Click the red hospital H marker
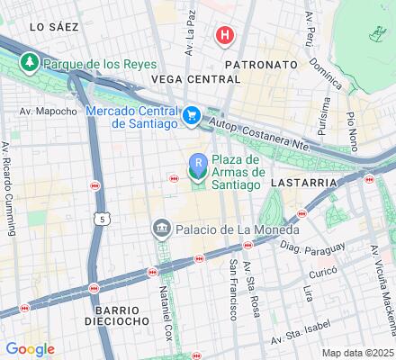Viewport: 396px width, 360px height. [x=224, y=36]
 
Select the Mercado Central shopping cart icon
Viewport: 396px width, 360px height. [x=192, y=114]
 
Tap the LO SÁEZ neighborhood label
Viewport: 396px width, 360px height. [x=51, y=28]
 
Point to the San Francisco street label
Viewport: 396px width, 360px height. [x=233, y=287]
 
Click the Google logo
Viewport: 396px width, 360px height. [x=30, y=349]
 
